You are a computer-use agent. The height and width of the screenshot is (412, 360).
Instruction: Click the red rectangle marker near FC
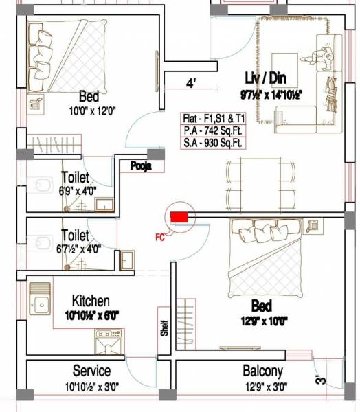(179, 217)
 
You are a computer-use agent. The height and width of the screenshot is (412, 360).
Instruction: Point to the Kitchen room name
(91, 301)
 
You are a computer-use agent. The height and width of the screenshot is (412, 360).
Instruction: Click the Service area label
(91, 371)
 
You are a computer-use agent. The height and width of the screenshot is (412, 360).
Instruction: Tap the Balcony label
(262, 371)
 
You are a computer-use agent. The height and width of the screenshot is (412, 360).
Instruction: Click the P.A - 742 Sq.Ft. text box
(214, 130)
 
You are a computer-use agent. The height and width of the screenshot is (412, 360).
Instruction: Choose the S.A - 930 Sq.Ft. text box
(214, 143)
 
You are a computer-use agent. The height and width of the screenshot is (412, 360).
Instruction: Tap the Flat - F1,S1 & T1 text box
(214, 117)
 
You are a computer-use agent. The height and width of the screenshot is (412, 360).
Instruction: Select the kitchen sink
(40, 300)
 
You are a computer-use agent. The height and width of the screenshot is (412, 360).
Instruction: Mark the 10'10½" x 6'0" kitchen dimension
(91, 315)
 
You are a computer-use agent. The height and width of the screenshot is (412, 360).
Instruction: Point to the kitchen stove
(109, 343)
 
